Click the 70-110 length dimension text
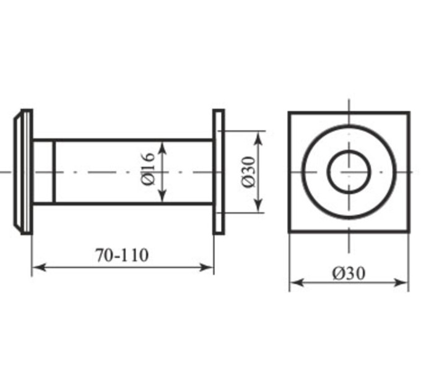point(122,255)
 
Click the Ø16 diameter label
point(148,169)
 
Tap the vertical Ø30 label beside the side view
point(248,171)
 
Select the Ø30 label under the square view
point(349,274)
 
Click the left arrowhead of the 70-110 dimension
point(39,267)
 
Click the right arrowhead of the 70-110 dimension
point(207,267)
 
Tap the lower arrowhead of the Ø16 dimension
point(162,196)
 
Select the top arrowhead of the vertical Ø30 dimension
point(258,138)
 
